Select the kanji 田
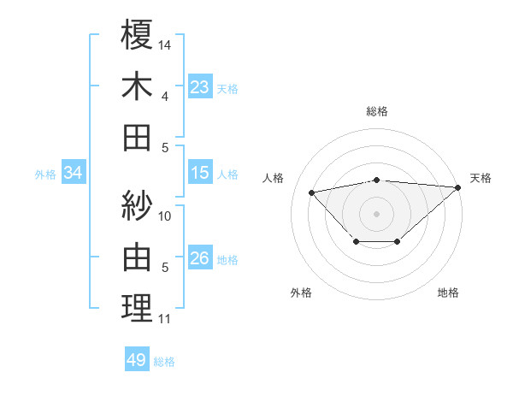(x=137, y=137)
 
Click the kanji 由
(x=137, y=256)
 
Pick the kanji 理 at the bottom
(x=137, y=307)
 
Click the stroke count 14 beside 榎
(x=165, y=44)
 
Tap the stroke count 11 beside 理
(x=164, y=319)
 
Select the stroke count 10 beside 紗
(x=165, y=216)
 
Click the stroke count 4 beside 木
(x=165, y=96)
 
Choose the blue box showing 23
(x=199, y=86)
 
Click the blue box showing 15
(x=199, y=173)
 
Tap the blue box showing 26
(x=199, y=258)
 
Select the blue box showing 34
(x=74, y=173)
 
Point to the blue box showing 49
(x=137, y=360)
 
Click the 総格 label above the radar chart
(x=377, y=111)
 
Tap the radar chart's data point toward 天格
(x=457, y=187)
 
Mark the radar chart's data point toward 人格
(x=312, y=192)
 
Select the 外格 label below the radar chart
(x=301, y=293)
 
